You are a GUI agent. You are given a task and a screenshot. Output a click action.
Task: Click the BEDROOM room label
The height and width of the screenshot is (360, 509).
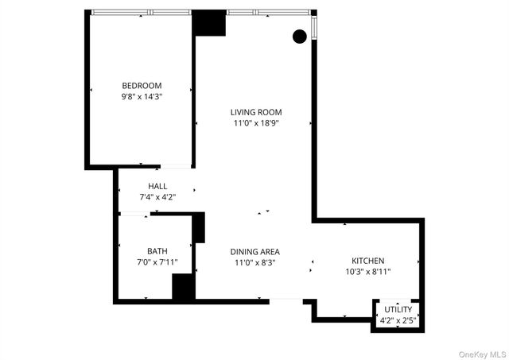(142, 86)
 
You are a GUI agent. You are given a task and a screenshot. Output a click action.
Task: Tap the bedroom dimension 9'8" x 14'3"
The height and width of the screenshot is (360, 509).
(142, 97)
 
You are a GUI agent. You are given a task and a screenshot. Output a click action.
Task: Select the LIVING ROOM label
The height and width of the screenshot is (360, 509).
(256, 112)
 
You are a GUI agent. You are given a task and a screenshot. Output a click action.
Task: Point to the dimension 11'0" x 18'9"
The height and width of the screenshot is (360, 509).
(256, 123)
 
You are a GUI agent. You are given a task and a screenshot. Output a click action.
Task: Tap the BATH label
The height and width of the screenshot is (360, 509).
(157, 250)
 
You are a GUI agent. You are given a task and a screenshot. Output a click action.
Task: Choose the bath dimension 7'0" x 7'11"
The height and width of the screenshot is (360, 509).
(157, 261)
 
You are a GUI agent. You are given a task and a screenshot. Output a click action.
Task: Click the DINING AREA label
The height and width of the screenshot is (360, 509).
(256, 251)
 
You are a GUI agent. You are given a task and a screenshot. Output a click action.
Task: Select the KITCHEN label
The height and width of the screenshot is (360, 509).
(368, 261)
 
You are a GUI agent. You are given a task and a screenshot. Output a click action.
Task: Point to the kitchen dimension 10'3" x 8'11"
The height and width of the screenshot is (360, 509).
(368, 272)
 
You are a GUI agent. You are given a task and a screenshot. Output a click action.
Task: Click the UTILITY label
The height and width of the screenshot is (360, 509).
(398, 309)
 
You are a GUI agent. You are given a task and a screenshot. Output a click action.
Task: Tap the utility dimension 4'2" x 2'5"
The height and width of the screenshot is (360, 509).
(398, 320)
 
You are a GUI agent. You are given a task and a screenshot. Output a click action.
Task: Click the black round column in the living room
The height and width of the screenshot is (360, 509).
(300, 36)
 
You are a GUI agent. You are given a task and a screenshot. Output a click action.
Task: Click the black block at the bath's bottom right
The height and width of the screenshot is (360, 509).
(184, 286)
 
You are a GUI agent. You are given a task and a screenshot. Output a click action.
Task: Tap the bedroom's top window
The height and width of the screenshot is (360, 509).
(142, 13)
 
